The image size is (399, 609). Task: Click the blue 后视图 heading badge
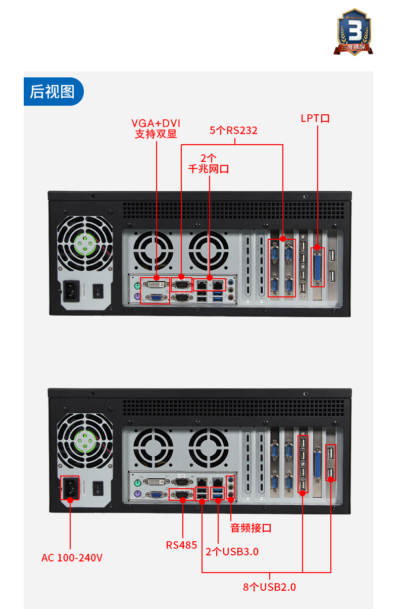[53, 92]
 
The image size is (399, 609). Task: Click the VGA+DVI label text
[156, 123]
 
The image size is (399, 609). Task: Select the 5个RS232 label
[233, 130]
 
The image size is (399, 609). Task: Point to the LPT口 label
[315, 118]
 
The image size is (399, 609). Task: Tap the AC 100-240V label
[72, 558]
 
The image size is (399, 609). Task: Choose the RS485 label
[181, 545]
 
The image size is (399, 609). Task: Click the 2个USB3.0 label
[232, 551]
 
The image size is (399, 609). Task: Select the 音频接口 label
[251, 528]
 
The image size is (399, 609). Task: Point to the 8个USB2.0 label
[269, 587]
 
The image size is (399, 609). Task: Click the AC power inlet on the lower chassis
[70, 488]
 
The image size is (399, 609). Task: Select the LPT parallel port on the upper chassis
[318, 266]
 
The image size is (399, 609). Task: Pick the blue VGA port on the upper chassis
[156, 298]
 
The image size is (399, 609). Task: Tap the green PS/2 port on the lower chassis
[137, 483]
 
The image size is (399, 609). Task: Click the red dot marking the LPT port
[317, 248]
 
